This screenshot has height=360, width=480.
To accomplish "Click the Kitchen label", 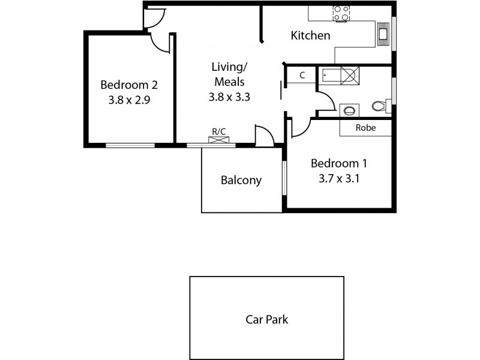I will [310, 36].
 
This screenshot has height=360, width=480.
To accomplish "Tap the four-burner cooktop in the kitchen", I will [341, 13].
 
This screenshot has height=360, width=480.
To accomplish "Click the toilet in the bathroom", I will [379, 107].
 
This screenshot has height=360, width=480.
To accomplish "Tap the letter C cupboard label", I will [302, 75].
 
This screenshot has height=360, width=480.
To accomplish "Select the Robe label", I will [365, 127].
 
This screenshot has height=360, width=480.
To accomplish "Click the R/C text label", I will [219, 132].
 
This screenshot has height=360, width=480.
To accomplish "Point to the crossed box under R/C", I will [219, 140].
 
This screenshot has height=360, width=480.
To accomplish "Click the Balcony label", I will [241, 180].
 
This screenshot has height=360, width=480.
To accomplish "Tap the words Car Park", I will [267, 319].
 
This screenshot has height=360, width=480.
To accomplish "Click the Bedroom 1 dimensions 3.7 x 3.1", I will [338, 178].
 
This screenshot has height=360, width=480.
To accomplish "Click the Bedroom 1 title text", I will [338, 163].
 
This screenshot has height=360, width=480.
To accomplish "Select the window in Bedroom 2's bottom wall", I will [130, 145].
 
